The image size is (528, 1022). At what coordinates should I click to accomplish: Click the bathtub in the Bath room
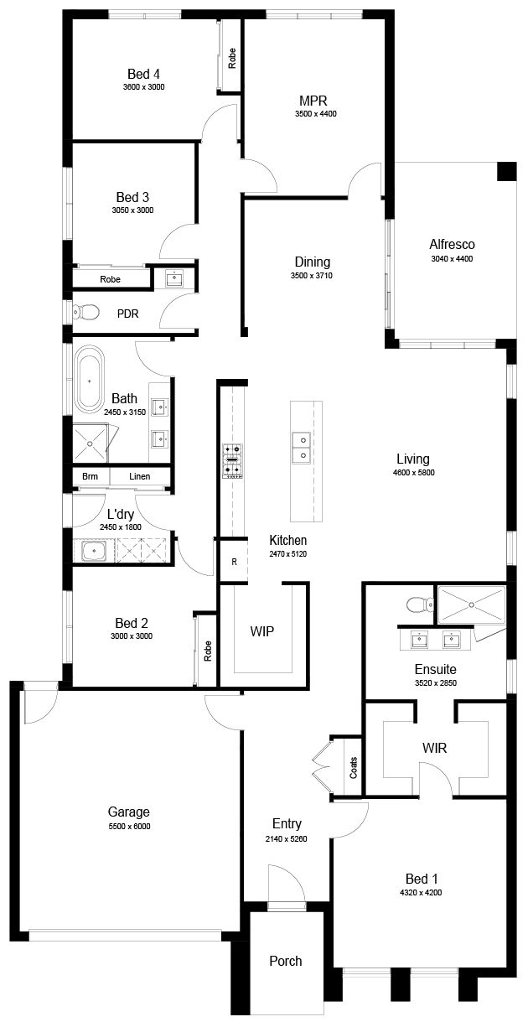pyautogui.click(x=89, y=379)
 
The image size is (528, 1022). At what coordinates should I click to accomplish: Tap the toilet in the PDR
pyautogui.click(x=85, y=312)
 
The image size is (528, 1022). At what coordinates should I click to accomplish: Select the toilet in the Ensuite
pyautogui.click(x=421, y=605)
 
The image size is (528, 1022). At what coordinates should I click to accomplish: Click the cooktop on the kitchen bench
pyautogui.click(x=232, y=460)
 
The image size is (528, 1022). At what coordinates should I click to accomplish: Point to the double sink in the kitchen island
pyautogui.click(x=302, y=447)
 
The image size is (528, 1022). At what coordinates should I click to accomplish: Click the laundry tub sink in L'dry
pyautogui.click(x=94, y=551)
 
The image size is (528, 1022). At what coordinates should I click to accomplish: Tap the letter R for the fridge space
pyautogui.click(x=234, y=562)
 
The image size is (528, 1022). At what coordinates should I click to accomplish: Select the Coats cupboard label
pyautogui.click(x=354, y=767)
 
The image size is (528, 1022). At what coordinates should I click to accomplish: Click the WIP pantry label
pyautogui.click(x=262, y=631)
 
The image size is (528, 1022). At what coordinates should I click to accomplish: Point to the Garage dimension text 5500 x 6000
pyautogui.click(x=129, y=826)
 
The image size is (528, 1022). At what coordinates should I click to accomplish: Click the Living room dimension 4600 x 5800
pyautogui.click(x=413, y=472)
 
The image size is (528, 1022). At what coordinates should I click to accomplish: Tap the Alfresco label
pyautogui.click(x=452, y=244)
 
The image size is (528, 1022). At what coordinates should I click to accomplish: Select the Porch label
pyautogui.click(x=286, y=961)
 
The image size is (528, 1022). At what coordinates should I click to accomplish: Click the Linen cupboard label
pyautogui.click(x=139, y=476)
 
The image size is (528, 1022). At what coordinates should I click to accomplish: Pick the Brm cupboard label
pyautogui.click(x=90, y=476)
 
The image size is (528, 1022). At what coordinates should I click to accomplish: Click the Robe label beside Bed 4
pyautogui.click(x=232, y=59)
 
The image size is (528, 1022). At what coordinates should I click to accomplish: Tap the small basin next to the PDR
pyautogui.click(x=174, y=278)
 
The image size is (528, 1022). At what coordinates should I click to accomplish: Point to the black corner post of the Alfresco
pyautogui.click(x=506, y=171)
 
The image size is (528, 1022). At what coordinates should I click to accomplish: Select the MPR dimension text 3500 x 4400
pyautogui.click(x=315, y=114)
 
